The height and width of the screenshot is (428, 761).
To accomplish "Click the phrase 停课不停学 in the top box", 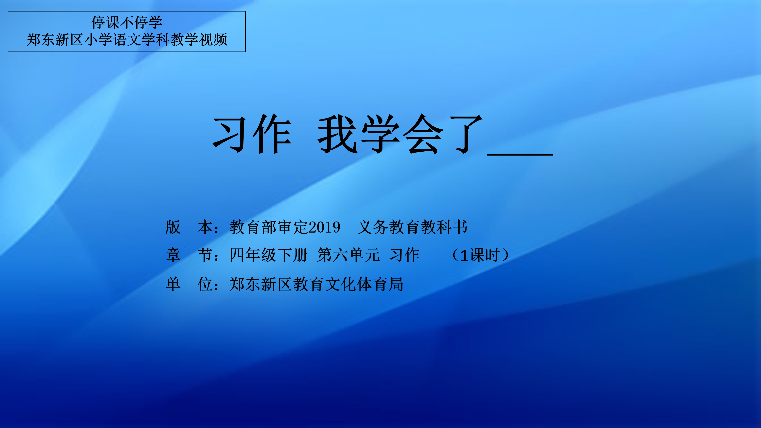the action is (127, 22).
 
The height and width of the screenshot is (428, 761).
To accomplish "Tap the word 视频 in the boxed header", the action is (213, 40).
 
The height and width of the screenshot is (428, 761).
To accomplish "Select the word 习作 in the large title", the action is (252, 134).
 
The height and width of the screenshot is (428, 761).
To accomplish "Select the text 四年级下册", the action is (269, 255).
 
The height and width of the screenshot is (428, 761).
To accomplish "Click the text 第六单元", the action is (348, 255).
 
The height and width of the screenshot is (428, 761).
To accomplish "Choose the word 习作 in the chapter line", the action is (404, 255).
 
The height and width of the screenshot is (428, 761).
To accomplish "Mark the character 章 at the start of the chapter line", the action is (173, 255).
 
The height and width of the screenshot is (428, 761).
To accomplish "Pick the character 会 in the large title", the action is (423, 134).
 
